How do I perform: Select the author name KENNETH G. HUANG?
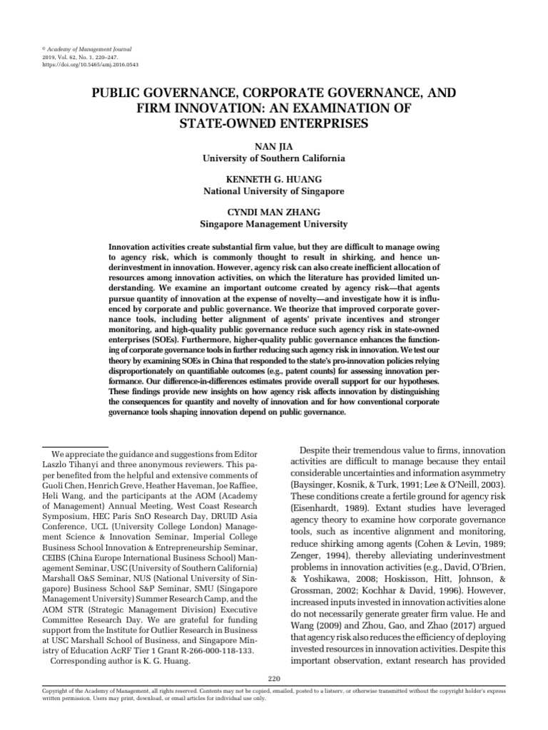[x=273, y=180]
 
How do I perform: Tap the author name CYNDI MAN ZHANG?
[x=273, y=213]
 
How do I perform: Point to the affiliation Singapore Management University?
[x=273, y=225]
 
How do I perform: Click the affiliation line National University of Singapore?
[x=273, y=192]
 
